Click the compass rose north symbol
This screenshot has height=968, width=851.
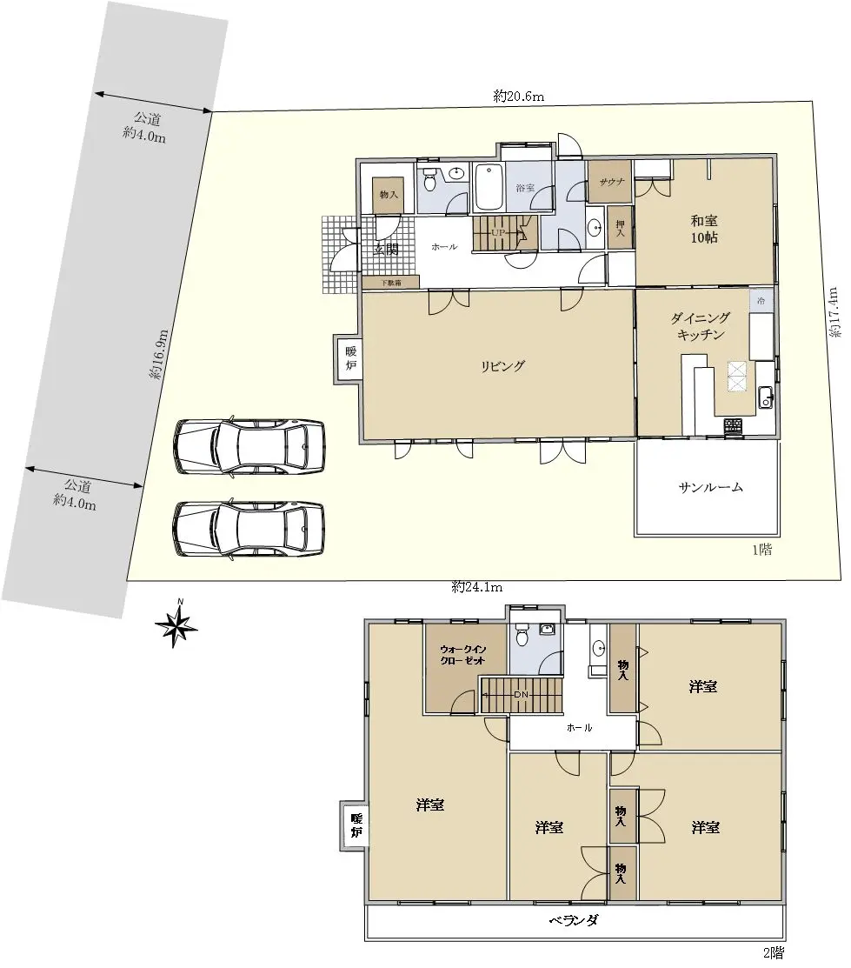[177, 625]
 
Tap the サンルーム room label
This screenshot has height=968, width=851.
[710, 487]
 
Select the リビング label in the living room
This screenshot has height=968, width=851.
[503, 366]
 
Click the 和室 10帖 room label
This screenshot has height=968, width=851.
[704, 229]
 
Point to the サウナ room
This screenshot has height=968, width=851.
[609, 182]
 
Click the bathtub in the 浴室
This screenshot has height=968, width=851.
[489, 186]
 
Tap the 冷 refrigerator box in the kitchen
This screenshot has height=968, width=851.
[761, 301]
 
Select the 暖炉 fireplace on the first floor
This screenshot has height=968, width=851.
[349, 358]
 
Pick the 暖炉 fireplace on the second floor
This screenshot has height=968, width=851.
[355, 826]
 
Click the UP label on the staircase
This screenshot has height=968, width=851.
[499, 233]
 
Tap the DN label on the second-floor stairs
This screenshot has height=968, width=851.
[522, 695]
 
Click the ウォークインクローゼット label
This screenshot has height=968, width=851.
[462, 655]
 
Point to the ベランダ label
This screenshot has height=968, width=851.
[574, 920]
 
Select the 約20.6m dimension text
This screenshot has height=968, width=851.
[518, 97]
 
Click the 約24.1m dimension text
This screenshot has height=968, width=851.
[477, 587]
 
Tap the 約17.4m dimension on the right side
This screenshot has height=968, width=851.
[834, 311]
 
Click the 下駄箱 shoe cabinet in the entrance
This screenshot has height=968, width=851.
[390, 282]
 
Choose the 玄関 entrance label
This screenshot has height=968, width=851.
[387, 250]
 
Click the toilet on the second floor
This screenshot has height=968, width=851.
[522, 636]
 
